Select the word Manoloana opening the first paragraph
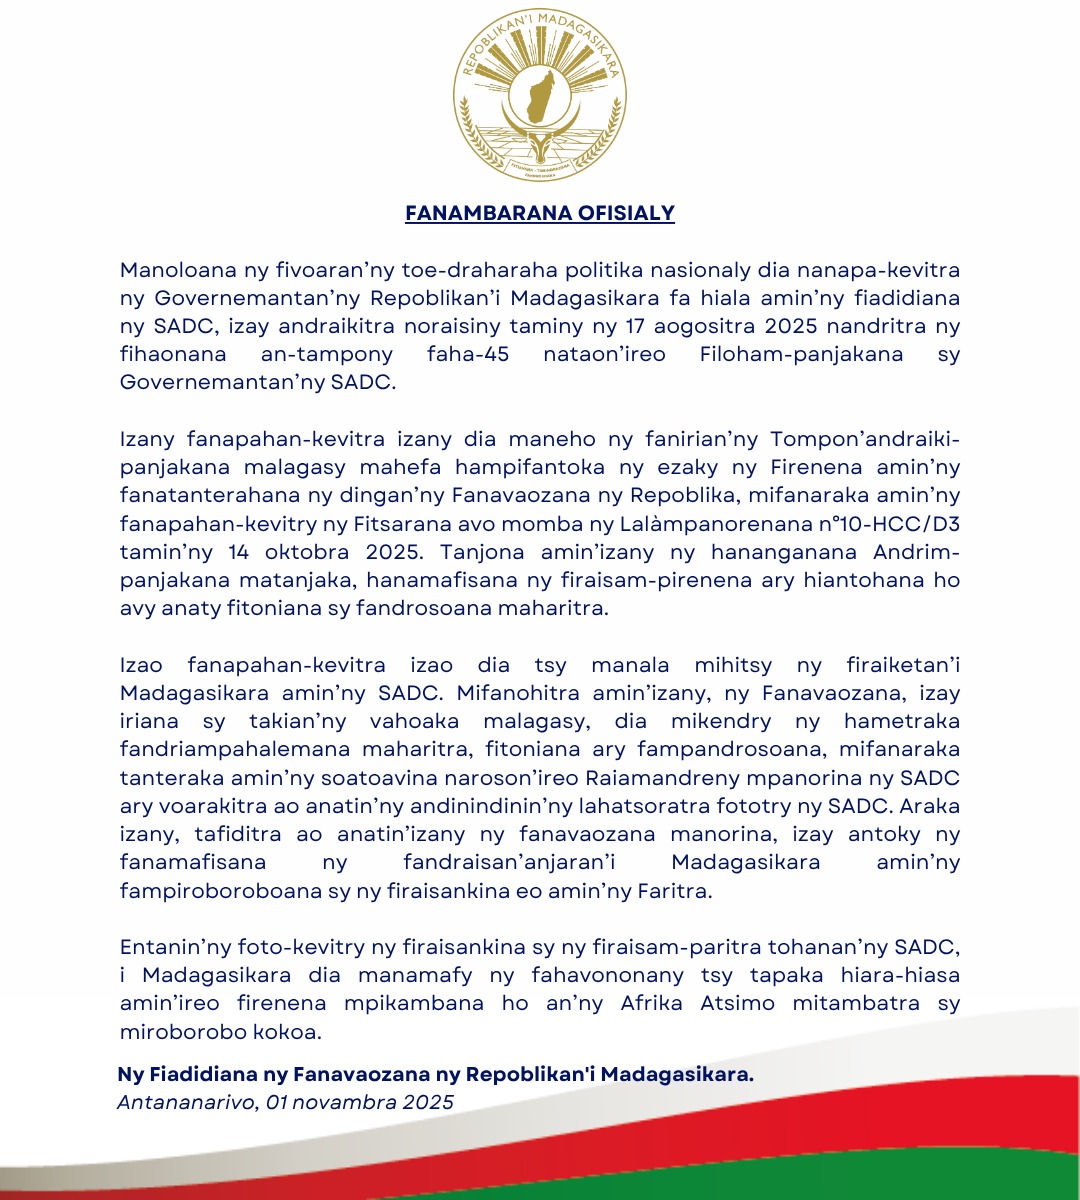(x=178, y=271)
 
